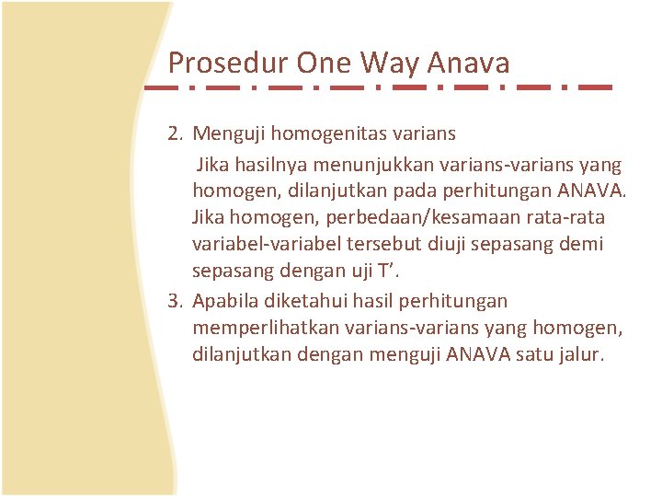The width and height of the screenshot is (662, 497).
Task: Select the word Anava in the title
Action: (471, 63)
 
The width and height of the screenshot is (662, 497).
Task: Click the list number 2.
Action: (175, 134)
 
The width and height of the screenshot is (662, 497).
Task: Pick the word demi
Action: (585, 245)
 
